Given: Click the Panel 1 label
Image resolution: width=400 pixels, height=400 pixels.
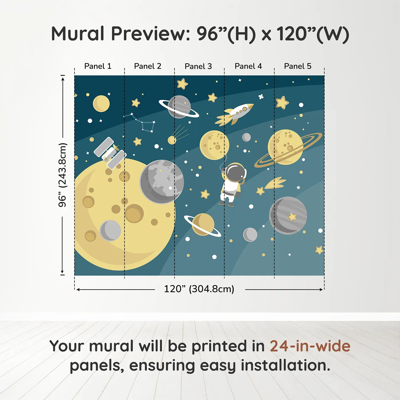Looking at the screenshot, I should click(x=98, y=66).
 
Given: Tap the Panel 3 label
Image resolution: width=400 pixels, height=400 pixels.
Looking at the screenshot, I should click(x=198, y=67).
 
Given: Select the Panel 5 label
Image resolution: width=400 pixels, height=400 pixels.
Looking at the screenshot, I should click(x=297, y=66).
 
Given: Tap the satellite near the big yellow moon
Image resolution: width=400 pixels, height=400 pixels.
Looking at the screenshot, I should click(x=110, y=153).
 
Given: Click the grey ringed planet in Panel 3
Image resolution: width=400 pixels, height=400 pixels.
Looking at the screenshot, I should click(x=179, y=107).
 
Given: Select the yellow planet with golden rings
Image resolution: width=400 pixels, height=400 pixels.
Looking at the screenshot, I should click(x=286, y=147).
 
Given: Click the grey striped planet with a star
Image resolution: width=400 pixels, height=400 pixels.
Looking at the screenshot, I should click(x=288, y=215).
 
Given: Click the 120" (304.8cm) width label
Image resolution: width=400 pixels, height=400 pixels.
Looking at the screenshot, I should click(x=199, y=289).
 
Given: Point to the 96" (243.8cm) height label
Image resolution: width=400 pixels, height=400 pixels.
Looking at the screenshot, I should click(x=63, y=175).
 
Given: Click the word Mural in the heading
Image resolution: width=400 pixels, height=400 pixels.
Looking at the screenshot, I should click(x=78, y=34).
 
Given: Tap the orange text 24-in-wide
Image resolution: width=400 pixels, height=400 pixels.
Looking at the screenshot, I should click(x=310, y=346).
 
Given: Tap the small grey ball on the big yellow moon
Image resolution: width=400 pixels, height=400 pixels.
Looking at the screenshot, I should click(x=110, y=231).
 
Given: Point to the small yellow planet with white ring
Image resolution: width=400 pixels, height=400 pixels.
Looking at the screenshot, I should click(x=203, y=224).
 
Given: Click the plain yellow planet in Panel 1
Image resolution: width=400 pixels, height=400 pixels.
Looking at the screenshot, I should click(x=101, y=103).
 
